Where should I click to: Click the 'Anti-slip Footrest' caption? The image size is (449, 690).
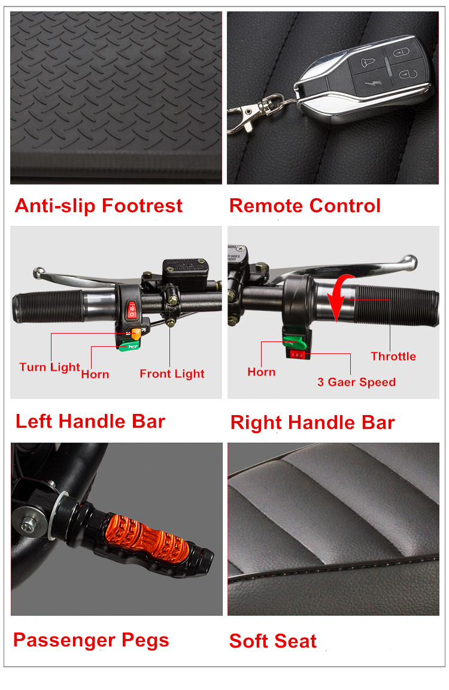99,206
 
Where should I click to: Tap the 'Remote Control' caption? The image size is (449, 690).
305,206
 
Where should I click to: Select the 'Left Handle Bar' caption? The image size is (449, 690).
90,421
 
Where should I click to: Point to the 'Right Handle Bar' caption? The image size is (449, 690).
313,422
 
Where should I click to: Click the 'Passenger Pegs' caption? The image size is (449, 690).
91,640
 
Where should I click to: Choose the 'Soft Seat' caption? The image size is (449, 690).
272,641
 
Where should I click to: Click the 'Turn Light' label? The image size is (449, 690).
50,367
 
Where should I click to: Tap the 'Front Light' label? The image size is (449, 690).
172,374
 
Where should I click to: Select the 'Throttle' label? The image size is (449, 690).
393,356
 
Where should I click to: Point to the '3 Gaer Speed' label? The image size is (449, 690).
357,382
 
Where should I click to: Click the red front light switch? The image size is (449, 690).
132,310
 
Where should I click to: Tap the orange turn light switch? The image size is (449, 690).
136,334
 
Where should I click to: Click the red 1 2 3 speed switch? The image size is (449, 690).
297,354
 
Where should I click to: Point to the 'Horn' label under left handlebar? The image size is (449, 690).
95,374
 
